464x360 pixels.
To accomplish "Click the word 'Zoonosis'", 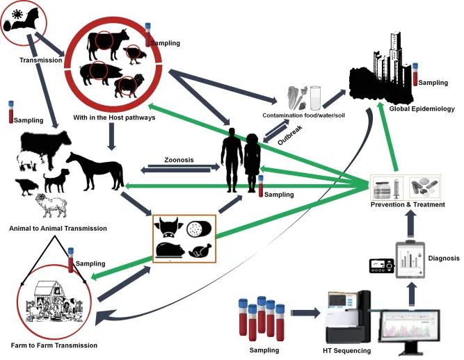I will pos(178,160).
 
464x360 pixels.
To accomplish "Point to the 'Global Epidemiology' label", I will pos(422,109).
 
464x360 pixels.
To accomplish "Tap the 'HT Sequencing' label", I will pos(348,351).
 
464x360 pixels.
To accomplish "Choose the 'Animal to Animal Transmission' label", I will pos(58,228).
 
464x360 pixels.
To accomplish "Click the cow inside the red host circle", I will pos(109,42).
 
